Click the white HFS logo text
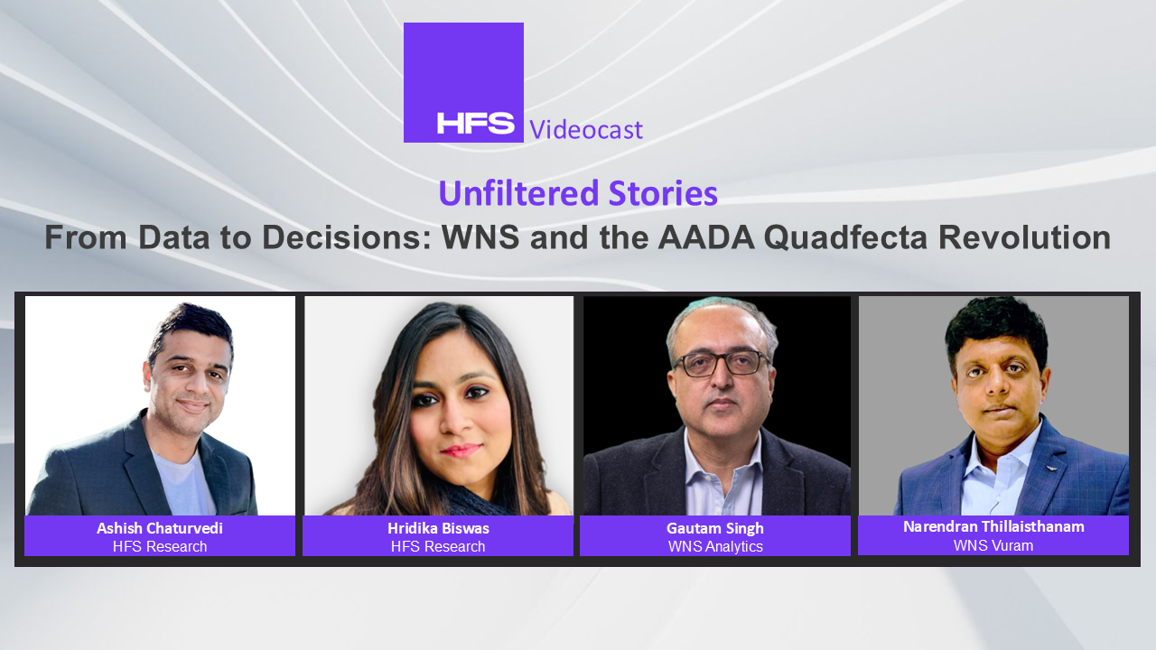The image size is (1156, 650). coord(475,124)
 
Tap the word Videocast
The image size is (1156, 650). coord(586,129)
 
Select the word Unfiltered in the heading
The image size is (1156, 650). coord(518,193)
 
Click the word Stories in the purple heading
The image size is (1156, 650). coord(663,193)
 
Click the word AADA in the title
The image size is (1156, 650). coord(706,237)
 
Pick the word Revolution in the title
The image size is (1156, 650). coord(1024,237)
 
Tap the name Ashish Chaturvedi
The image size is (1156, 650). coord(160,528)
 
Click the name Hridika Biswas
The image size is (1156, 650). coord(438,528)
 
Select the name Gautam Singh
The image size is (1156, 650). coord(714,529)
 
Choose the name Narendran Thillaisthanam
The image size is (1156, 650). coord(993,526)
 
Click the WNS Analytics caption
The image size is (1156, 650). coord(715,547)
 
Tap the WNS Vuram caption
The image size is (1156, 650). coord(993,545)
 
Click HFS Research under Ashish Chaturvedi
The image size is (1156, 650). coord(160,546)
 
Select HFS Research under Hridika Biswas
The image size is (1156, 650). coord(438,546)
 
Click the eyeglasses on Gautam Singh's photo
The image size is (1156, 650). coord(722,363)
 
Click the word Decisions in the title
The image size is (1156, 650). coord(347,237)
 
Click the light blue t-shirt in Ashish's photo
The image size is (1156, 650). coord(183,482)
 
